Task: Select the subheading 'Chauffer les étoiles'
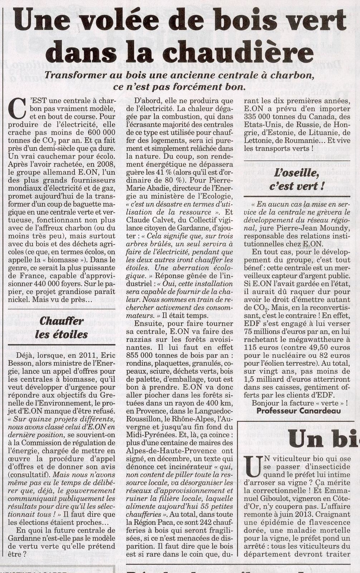pos(62,327)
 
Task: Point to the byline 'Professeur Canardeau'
pos(299,411)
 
